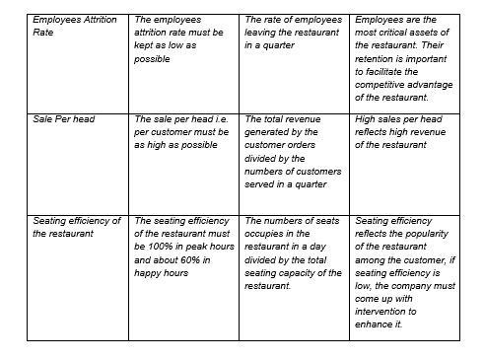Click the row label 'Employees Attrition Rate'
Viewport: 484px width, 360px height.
(74, 27)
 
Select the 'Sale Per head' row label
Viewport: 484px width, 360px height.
(64, 119)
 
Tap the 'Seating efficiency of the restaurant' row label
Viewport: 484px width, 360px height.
(76, 227)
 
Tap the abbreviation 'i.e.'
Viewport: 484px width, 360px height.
(220, 119)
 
